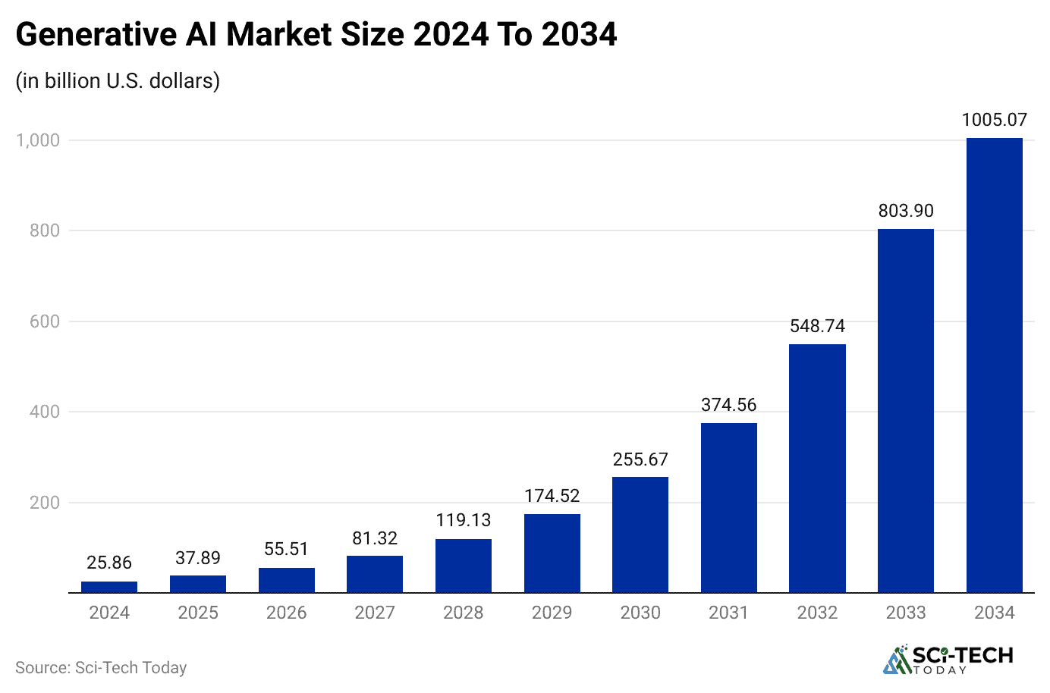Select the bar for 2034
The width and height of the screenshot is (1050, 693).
pyautogui.click(x=994, y=365)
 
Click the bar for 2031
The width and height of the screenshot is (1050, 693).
pyautogui.click(x=728, y=507)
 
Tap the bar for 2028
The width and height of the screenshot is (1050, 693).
pyautogui.click(x=463, y=566)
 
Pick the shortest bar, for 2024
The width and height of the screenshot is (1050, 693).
pyautogui.click(x=109, y=587)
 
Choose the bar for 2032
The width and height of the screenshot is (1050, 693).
pyautogui.click(x=817, y=468)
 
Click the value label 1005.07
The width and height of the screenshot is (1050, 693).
pyautogui.click(x=994, y=120)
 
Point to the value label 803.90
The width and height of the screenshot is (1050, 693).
pyautogui.click(x=905, y=211)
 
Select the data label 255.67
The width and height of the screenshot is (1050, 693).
pyautogui.click(x=640, y=459)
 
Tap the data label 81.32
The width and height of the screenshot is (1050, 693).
pyautogui.click(x=375, y=538)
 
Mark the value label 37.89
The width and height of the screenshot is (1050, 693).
pyautogui.click(x=198, y=558)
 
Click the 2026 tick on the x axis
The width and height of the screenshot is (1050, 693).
pyautogui.click(x=286, y=613)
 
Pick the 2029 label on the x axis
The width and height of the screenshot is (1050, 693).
pyautogui.click(x=552, y=613)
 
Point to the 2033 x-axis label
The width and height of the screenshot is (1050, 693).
pyautogui.click(x=905, y=613)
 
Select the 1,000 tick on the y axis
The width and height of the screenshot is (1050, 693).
pyautogui.click(x=38, y=140)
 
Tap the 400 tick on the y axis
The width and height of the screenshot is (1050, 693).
pyautogui.click(x=44, y=412)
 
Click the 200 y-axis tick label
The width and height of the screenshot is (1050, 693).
pyautogui.click(x=44, y=503)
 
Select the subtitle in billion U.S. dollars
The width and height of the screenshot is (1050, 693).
pyautogui.click(x=118, y=80)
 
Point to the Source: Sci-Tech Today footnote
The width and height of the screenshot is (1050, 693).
pyautogui.click(x=101, y=667)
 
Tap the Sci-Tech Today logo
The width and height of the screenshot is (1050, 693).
pyautogui.click(x=948, y=660)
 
